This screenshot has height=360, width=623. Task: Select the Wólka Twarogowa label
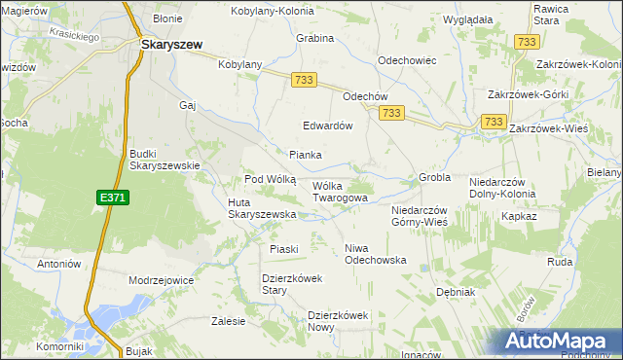(x=339, y=191)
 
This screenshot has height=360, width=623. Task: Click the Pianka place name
(x=306, y=155)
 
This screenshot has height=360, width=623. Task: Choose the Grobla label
(x=434, y=178)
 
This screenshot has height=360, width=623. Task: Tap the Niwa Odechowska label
(x=375, y=254)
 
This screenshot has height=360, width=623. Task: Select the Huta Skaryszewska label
(x=261, y=208)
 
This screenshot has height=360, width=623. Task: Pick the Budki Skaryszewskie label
(x=165, y=160)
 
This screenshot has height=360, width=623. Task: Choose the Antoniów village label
(x=58, y=264)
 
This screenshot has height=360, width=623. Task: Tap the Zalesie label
(x=227, y=320)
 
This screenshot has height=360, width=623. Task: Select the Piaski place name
(x=283, y=249)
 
